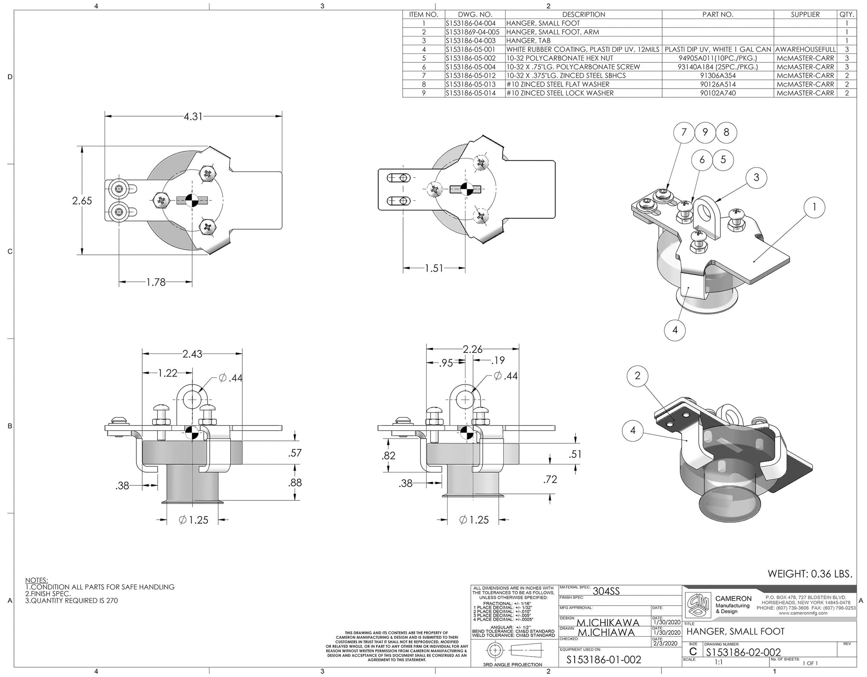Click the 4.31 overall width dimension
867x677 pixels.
[x=193, y=116]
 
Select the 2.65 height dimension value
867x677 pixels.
[x=82, y=200]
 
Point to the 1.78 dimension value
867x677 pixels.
[x=156, y=282]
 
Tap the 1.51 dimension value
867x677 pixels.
[x=434, y=268]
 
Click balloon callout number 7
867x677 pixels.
[x=684, y=133]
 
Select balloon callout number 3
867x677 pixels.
[x=756, y=177]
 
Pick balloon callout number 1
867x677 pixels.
[x=814, y=208]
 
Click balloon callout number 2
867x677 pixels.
[x=637, y=375]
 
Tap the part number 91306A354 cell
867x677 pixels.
[x=718, y=76]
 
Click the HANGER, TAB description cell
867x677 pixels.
[x=528, y=41]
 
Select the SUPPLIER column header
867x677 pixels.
[x=805, y=14]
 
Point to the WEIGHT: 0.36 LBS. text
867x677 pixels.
[x=810, y=574]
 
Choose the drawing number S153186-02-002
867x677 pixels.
[x=743, y=652]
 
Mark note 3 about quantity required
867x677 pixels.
[x=71, y=601]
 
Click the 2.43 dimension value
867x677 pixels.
[x=192, y=354]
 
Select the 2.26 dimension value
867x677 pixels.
[x=472, y=349]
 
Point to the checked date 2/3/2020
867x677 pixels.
[x=666, y=643]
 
